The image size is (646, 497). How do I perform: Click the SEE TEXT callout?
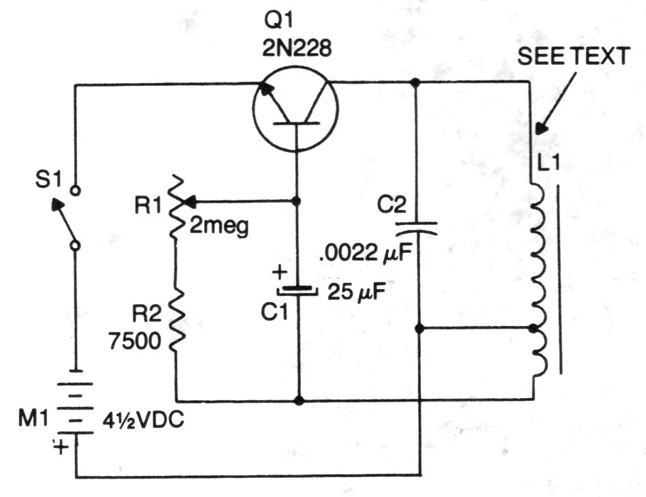click(x=572, y=57)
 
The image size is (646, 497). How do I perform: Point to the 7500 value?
click(x=136, y=341)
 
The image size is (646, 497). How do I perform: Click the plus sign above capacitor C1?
click(x=278, y=273)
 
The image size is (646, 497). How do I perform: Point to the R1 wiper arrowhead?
click(x=192, y=201)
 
